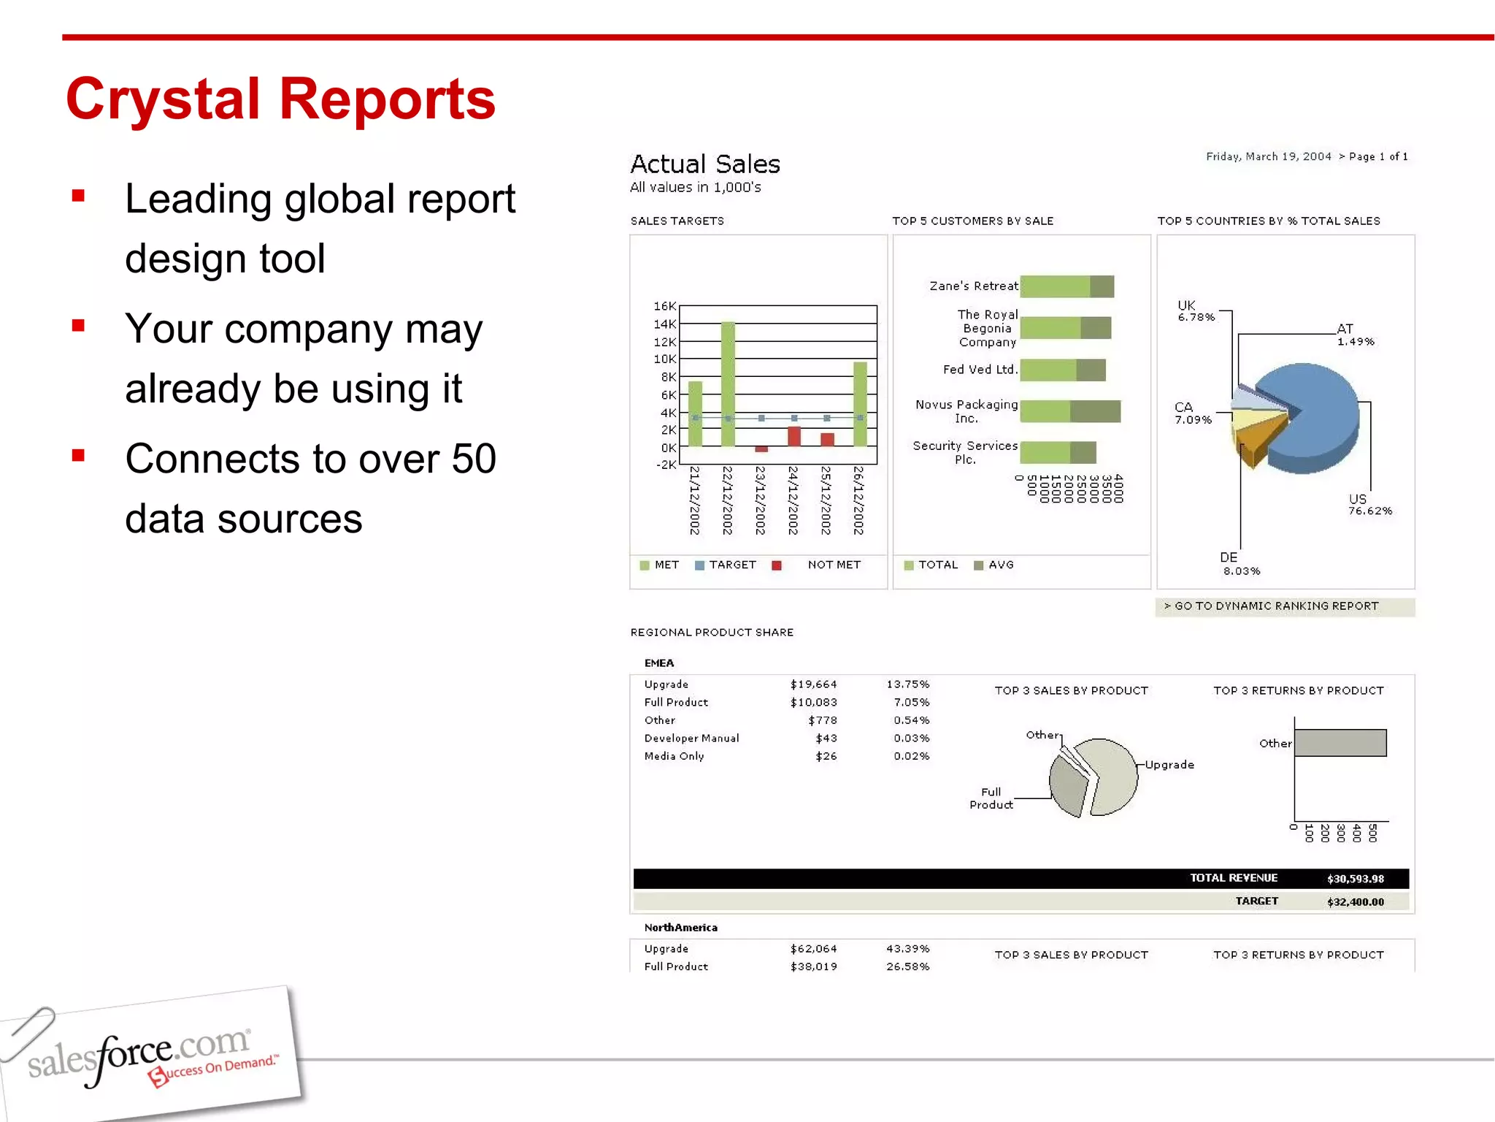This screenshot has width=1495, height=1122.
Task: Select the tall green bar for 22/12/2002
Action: click(x=728, y=383)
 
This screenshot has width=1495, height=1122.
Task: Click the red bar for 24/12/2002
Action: click(x=794, y=436)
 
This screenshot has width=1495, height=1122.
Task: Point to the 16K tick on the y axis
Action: click(x=664, y=306)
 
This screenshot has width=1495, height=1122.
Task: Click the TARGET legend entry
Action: click(x=726, y=565)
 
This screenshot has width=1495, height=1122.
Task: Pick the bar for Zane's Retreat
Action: click(x=1067, y=286)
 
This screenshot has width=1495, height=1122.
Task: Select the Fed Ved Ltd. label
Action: click(x=980, y=370)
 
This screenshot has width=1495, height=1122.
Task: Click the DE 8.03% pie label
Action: click(x=1240, y=564)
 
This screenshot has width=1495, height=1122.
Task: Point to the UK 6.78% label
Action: click(x=1195, y=311)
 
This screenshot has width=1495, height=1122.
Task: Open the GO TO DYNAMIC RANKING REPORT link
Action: click(x=1276, y=606)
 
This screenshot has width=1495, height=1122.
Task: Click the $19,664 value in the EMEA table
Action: click(x=813, y=684)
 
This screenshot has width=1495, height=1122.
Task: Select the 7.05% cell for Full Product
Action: click(x=911, y=703)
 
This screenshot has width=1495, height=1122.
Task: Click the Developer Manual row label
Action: click(x=691, y=739)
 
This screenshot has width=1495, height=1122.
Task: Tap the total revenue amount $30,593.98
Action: click(x=1355, y=879)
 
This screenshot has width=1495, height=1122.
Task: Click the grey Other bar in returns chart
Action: click(x=1340, y=743)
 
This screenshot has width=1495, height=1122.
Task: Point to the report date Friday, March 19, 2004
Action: click(x=1268, y=156)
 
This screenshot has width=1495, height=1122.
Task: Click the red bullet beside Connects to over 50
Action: click(x=79, y=456)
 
